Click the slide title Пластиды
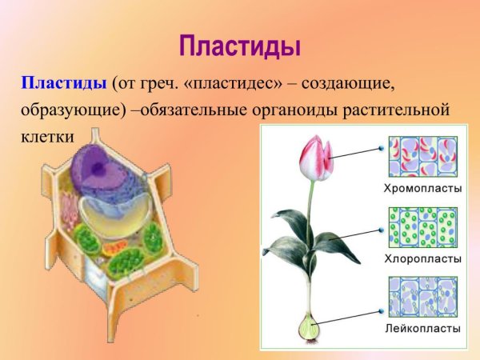click(x=240, y=45)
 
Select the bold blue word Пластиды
click(x=64, y=83)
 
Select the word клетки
click(x=47, y=136)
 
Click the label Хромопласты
click(x=422, y=189)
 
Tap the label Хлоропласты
click(x=422, y=258)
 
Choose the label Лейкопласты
click(x=422, y=328)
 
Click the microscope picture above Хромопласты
click(x=422, y=157)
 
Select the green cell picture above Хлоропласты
click(x=422, y=227)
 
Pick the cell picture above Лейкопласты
click(x=422, y=297)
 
